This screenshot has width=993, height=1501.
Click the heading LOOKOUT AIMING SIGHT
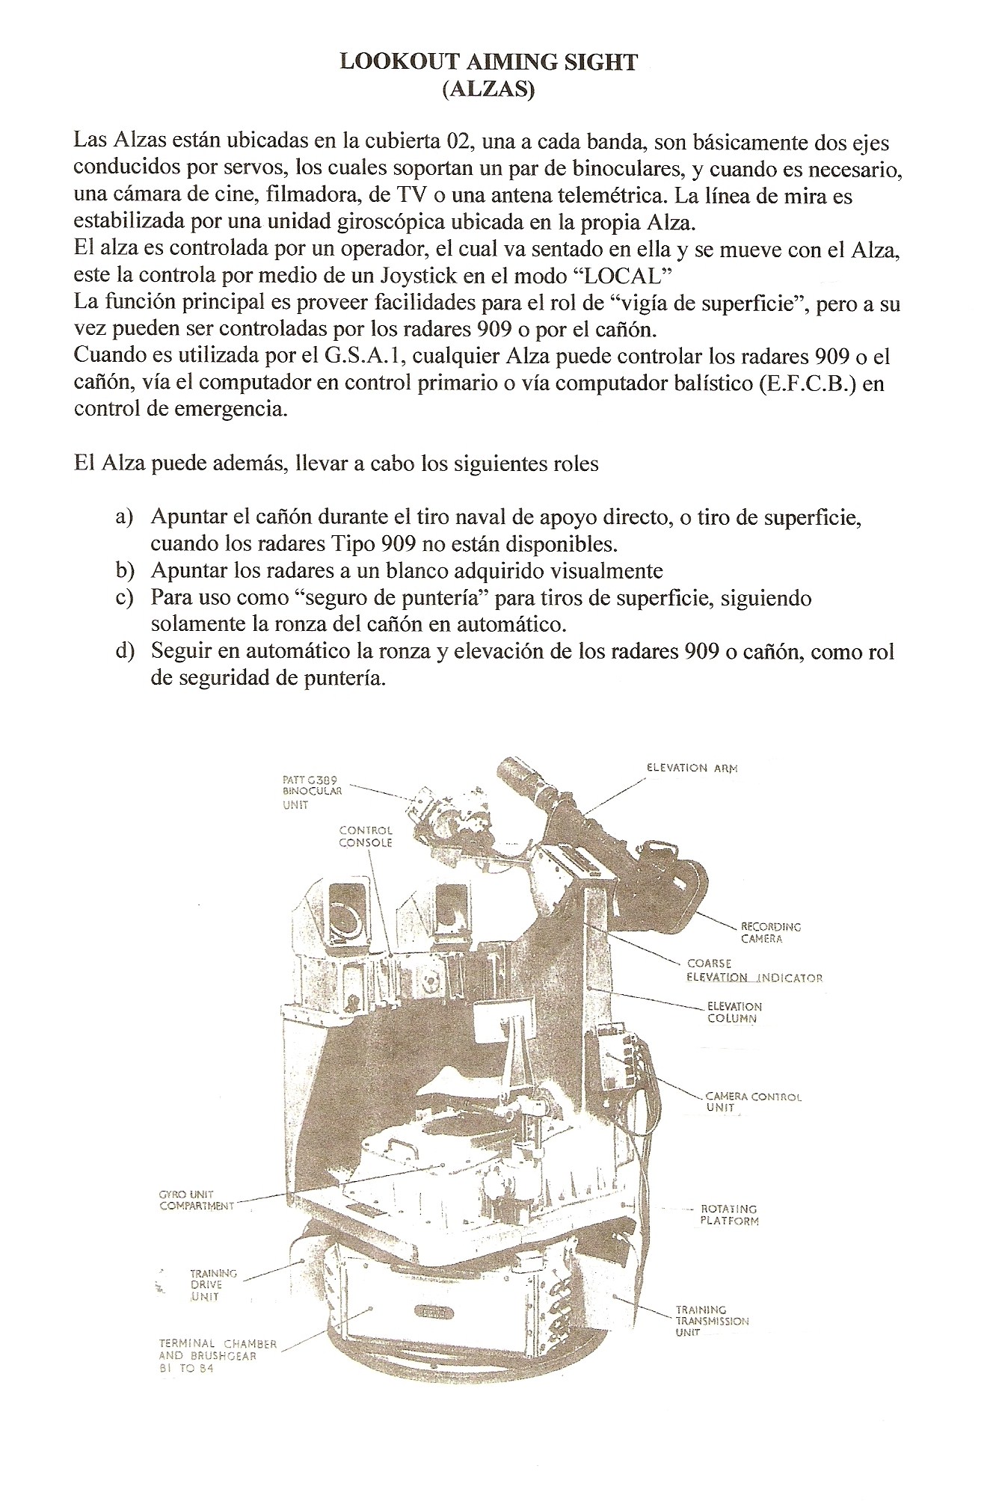point(488,62)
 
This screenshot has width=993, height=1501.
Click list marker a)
point(124,517)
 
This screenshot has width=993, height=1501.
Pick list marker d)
point(124,651)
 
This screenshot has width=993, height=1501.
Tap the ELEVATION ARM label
point(692,768)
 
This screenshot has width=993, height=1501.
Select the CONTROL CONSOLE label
point(366,836)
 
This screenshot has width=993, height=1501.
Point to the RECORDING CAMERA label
point(770,932)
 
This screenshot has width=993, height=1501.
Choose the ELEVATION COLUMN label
point(734,1012)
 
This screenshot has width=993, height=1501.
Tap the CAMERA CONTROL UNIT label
point(752,1101)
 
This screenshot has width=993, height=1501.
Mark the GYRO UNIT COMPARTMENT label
point(196,1200)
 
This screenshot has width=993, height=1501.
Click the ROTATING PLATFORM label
point(729,1215)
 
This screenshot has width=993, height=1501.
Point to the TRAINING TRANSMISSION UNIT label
point(711,1321)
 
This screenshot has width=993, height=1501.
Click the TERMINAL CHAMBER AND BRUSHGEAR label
point(217,1355)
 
